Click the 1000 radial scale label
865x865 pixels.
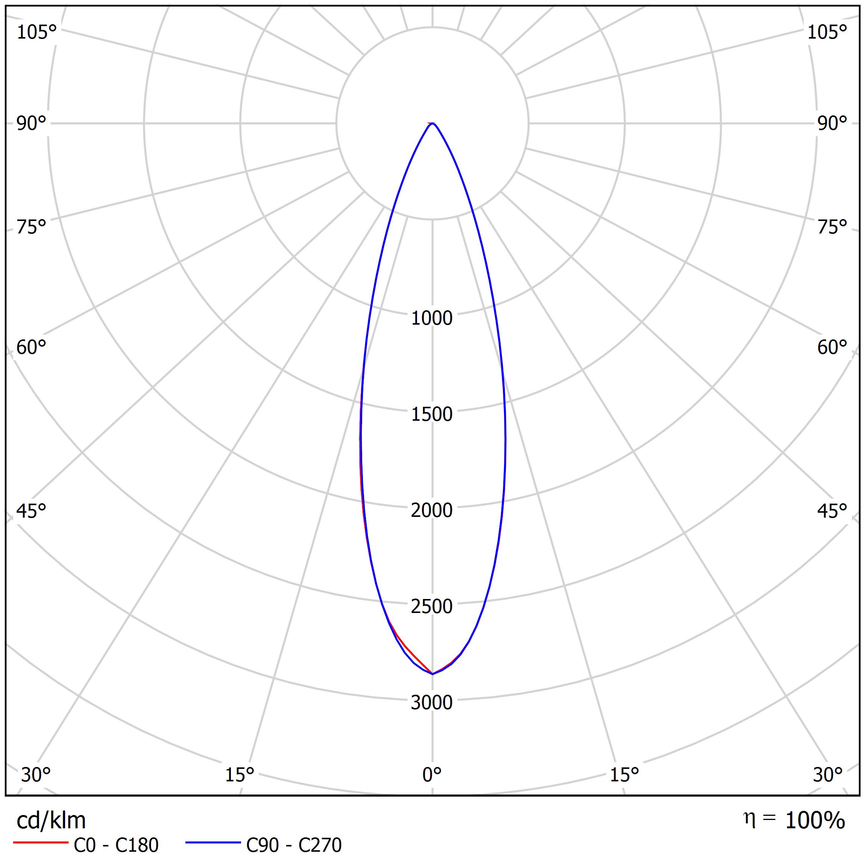point(432,318)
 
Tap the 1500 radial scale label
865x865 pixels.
point(432,414)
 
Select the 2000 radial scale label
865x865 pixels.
point(432,510)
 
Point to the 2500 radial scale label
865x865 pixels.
point(432,606)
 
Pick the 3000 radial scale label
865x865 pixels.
point(432,702)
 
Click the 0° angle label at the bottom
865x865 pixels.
point(432,775)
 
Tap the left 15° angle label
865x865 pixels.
point(240,775)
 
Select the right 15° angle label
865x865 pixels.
point(624,775)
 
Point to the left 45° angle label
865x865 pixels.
point(31,511)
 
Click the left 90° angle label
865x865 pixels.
point(31,124)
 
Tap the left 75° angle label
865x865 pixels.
point(31,227)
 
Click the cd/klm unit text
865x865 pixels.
point(51,821)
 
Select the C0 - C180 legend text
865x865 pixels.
point(116,845)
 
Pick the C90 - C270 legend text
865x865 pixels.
point(294,845)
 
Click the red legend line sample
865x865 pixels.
point(41,843)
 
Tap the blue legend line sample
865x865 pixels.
point(213,843)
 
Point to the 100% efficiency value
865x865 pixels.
point(815,821)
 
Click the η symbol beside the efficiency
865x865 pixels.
point(750,818)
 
